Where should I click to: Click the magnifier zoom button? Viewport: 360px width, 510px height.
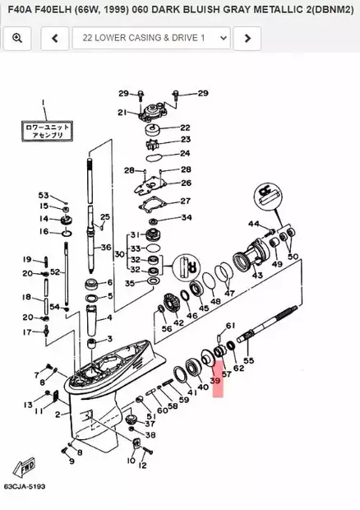click(17, 38)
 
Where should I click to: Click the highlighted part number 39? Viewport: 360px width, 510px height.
click(216, 382)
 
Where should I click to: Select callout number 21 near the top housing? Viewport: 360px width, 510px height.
click(122, 113)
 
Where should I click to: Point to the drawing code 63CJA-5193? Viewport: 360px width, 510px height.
click(24, 487)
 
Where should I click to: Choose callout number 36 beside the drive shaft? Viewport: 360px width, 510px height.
click(106, 247)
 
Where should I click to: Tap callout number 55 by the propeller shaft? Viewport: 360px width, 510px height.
click(249, 360)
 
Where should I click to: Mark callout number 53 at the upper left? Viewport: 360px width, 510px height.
click(44, 195)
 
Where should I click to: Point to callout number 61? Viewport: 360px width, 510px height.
click(231, 326)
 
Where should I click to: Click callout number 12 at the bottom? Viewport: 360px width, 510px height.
click(142, 466)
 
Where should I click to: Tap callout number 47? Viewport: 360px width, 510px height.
click(229, 293)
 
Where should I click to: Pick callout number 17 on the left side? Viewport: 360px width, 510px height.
click(26, 332)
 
